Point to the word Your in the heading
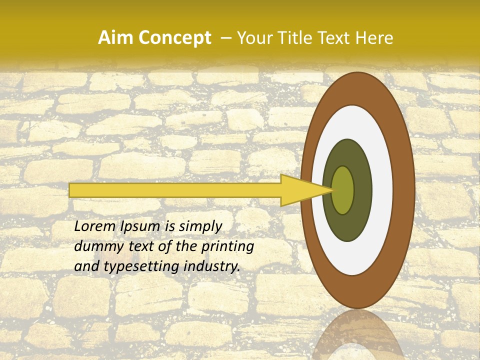coord(253,38)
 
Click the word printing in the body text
coord(226,246)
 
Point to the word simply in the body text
coord(200,226)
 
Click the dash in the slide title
coord(225,38)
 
